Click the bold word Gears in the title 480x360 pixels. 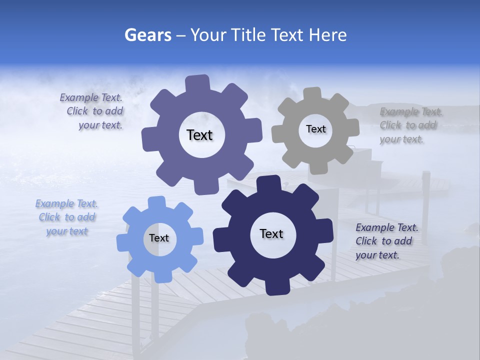click(x=148, y=35)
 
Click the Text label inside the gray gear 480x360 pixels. click(x=315, y=129)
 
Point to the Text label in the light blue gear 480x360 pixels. click(x=159, y=238)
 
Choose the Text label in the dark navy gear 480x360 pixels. click(x=271, y=233)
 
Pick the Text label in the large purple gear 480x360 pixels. click(x=200, y=135)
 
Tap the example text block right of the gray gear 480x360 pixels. click(x=408, y=125)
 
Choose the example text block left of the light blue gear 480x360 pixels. click(x=67, y=217)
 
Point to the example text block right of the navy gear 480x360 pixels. click(x=386, y=241)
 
